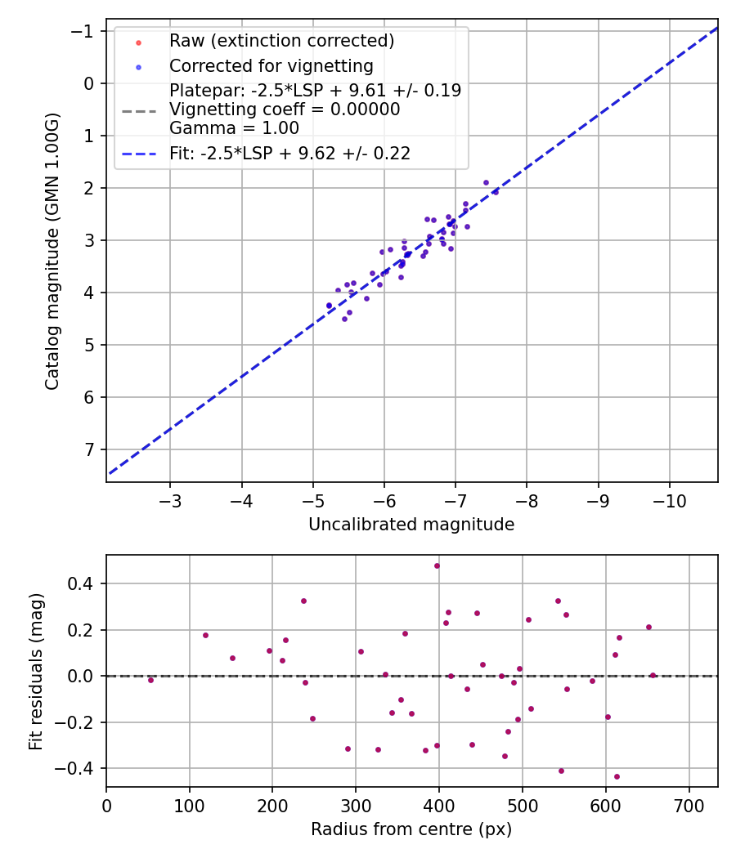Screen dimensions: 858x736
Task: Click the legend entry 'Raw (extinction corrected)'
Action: click(x=281, y=41)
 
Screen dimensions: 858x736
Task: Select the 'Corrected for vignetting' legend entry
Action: click(x=271, y=66)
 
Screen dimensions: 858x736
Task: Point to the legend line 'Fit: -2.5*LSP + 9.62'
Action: click(x=289, y=153)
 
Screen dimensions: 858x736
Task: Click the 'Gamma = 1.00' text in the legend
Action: click(x=234, y=128)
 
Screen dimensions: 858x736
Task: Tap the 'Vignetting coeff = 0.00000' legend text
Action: click(x=285, y=109)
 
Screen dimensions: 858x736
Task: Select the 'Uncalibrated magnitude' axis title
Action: click(x=411, y=525)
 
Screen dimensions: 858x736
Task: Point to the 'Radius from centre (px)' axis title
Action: click(x=411, y=829)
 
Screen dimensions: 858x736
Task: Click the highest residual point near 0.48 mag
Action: click(x=437, y=565)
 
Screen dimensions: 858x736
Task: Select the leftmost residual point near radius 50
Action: click(x=150, y=680)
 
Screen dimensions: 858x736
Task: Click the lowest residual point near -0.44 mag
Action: click(x=617, y=777)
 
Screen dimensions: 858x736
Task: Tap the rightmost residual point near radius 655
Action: click(x=653, y=675)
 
